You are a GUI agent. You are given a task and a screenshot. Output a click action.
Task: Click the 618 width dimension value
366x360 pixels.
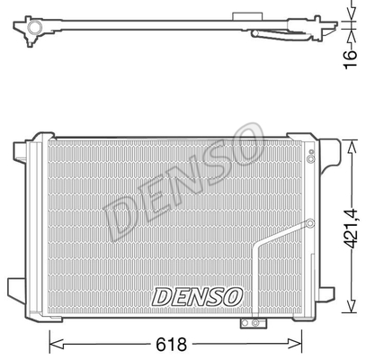pyautogui.click(x=171, y=345)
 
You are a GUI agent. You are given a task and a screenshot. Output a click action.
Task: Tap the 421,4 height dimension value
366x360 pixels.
pyautogui.click(x=351, y=229)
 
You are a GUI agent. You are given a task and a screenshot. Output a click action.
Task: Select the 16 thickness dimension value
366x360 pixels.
pyautogui.click(x=350, y=59)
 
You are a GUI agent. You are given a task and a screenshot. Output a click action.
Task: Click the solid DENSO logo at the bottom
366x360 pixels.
pyautogui.click(x=197, y=297)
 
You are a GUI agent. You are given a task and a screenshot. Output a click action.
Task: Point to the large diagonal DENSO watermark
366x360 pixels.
pyautogui.click(x=183, y=182)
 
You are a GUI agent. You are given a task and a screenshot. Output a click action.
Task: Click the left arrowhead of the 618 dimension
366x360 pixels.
pyautogui.click(x=56, y=344)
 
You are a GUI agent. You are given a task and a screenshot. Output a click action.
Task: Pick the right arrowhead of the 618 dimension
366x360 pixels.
pyautogui.click(x=294, y=344)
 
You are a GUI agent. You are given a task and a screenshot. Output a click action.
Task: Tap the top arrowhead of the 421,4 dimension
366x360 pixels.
pyautogui.click(x=351, y=148)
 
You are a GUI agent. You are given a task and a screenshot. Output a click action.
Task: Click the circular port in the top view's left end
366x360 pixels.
pyautogui.click(x=34, y=27)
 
